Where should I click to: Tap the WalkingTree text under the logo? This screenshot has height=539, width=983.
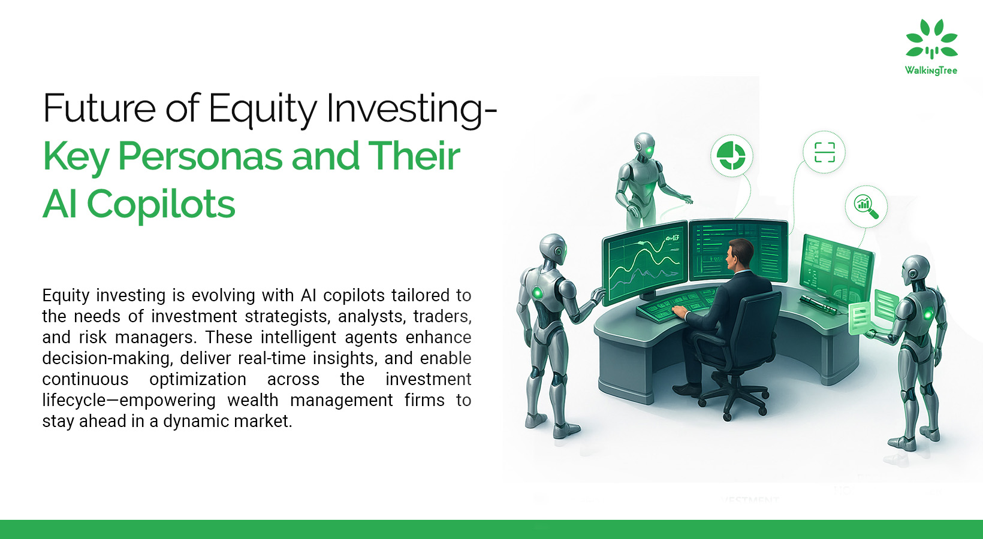coord(931,71)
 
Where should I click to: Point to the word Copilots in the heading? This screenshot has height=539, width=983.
coord(161,204)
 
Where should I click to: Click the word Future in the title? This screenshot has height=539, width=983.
coord(99,107)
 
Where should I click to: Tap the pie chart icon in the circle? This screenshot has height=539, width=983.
coord(731,156)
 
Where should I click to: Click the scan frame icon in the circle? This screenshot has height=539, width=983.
coord(824,152)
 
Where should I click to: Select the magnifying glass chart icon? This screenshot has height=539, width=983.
coord(866,207)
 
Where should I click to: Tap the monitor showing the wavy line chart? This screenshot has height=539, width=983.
coord(645,263)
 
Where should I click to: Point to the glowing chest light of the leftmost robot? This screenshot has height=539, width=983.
coord(536,292)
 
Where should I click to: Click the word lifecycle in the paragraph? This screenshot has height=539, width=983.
coord(74,401)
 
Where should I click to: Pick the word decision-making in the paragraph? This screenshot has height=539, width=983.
coord(105,359)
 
